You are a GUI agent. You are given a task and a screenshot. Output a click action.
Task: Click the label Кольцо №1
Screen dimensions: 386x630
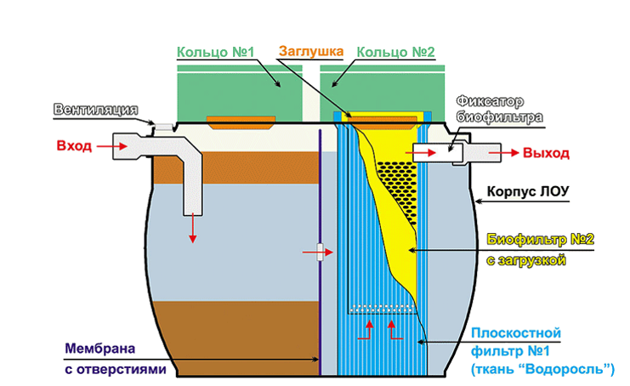(216, 53)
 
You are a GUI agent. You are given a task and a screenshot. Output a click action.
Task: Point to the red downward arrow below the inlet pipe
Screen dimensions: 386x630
(193, 228)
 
